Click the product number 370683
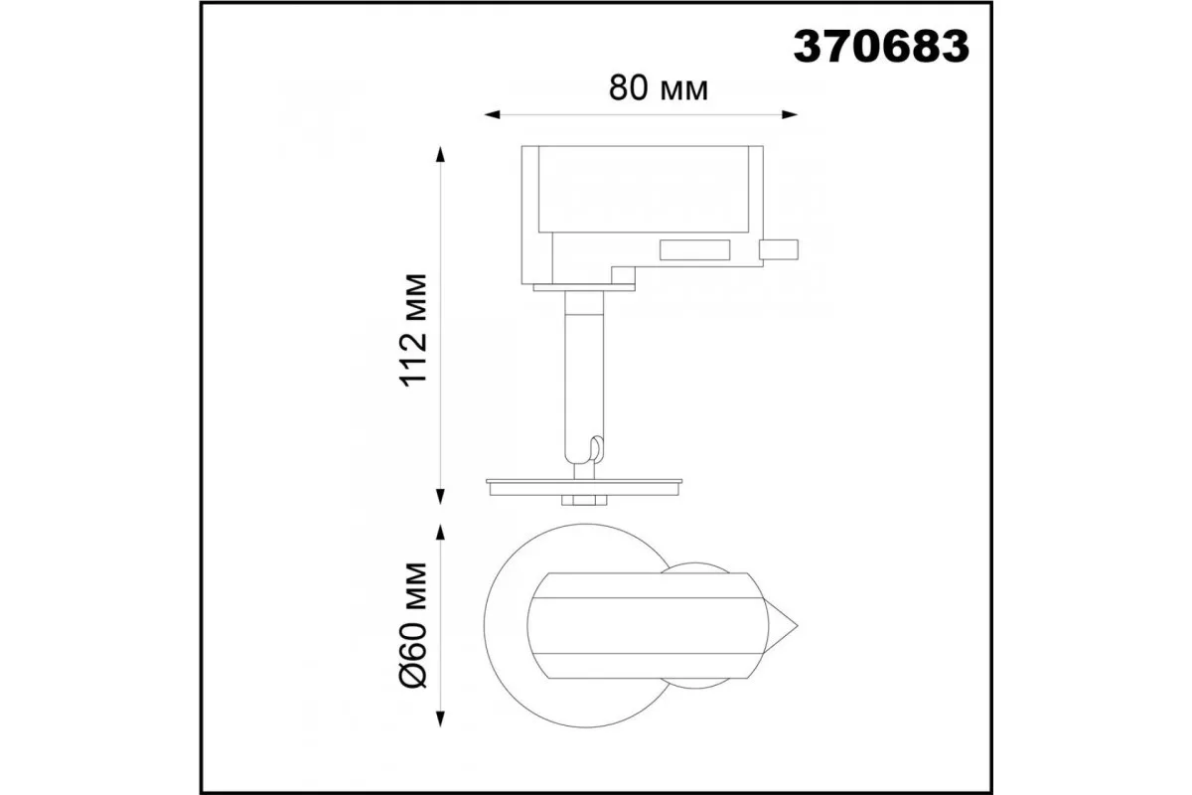(881, 47)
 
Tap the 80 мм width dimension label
(659, 88)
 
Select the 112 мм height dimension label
(413, 330)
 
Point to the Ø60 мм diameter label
(413, 625)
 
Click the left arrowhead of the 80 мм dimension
(492, 114)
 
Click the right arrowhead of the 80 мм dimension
(790, 114)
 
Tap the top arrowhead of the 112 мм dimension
(440, 154)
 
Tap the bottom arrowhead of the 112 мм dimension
(440, 496)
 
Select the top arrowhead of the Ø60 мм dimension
(440, 532)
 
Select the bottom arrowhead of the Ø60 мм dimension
(440, 718)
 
